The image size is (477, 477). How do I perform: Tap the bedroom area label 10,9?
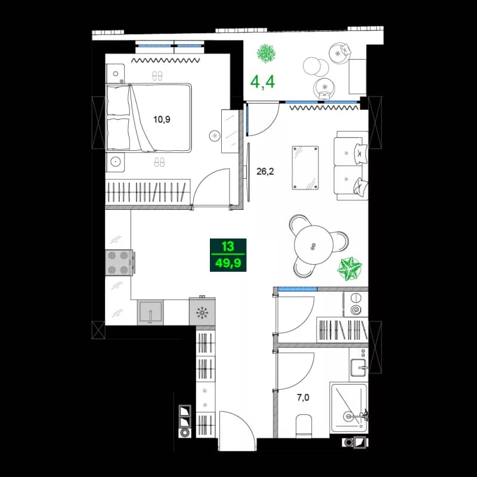(x=162, y=119)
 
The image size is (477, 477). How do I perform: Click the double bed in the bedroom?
(x=149, y=117)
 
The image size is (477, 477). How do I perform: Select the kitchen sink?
(x=150, y=312)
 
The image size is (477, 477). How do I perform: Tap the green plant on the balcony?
(x=266, y=54)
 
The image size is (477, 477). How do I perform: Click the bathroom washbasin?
(x=359, y=367)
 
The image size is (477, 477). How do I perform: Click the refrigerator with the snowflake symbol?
(x=202, y=312)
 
